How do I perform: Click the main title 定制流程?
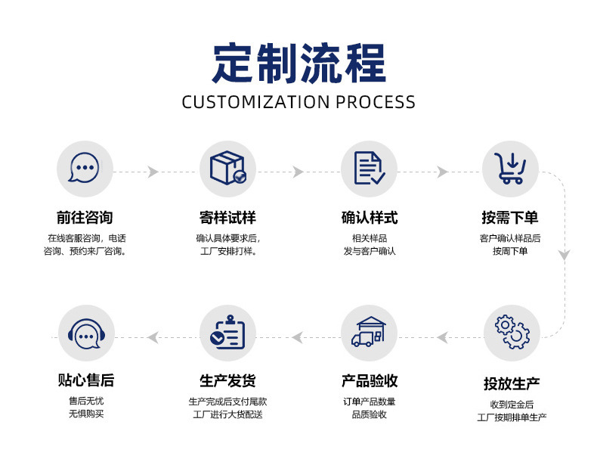(x=299, y=64)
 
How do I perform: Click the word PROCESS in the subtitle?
(x=376, y=102)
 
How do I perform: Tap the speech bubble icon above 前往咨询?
(x=85, y=168)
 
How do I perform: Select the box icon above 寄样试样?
(x=227, y=168)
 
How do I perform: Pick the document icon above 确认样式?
(x=369, y=168)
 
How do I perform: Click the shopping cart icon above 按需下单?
(x=510, y=168)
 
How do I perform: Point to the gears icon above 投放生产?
(x=512, y=332)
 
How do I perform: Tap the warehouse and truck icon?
(x=369, y=332)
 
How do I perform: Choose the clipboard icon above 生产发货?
(x=227, y=332)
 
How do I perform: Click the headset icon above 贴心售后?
(x=86, y=333)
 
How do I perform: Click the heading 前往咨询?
(x=85, y=218)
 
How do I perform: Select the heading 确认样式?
(x=370, y=218)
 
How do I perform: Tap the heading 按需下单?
(x=510, y=218)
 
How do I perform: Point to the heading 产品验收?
(x=370, y=380)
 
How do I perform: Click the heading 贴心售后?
(x=86, y=380)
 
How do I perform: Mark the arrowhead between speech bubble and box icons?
(x=153, y=172)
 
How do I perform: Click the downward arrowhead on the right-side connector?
(x=565, y=255)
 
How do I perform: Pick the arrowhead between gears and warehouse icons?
(x=442, y=337)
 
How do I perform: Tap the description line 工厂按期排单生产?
(x=512, y=417)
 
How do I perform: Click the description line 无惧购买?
(x=86, y=414)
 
